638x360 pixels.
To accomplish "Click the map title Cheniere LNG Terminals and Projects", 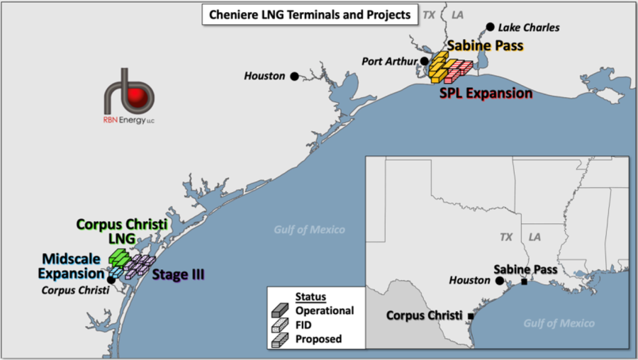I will click(x=310, y=14).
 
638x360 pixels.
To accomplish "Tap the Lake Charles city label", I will click(x=529, y=28).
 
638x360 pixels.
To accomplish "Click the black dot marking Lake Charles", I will click(x=490, y=28).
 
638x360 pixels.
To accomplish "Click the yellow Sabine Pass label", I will click(x=485, y=46).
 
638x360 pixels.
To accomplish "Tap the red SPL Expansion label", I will click(x=486, y=93).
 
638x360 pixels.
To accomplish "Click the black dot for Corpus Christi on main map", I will click(x=112, y=280).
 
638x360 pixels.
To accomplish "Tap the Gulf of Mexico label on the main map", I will click(x=310, y=229).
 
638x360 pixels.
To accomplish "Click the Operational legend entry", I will click(x=325, y=310).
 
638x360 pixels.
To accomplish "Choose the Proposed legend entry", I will click(x=318, y=339).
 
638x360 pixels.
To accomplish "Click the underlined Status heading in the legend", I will click(x=310, y=296).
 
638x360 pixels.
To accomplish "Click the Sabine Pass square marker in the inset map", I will click(x=524, y=282).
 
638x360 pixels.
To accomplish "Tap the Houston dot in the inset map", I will click(x=500, y=281).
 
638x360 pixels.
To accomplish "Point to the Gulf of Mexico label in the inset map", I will click(x=559, y=323).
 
